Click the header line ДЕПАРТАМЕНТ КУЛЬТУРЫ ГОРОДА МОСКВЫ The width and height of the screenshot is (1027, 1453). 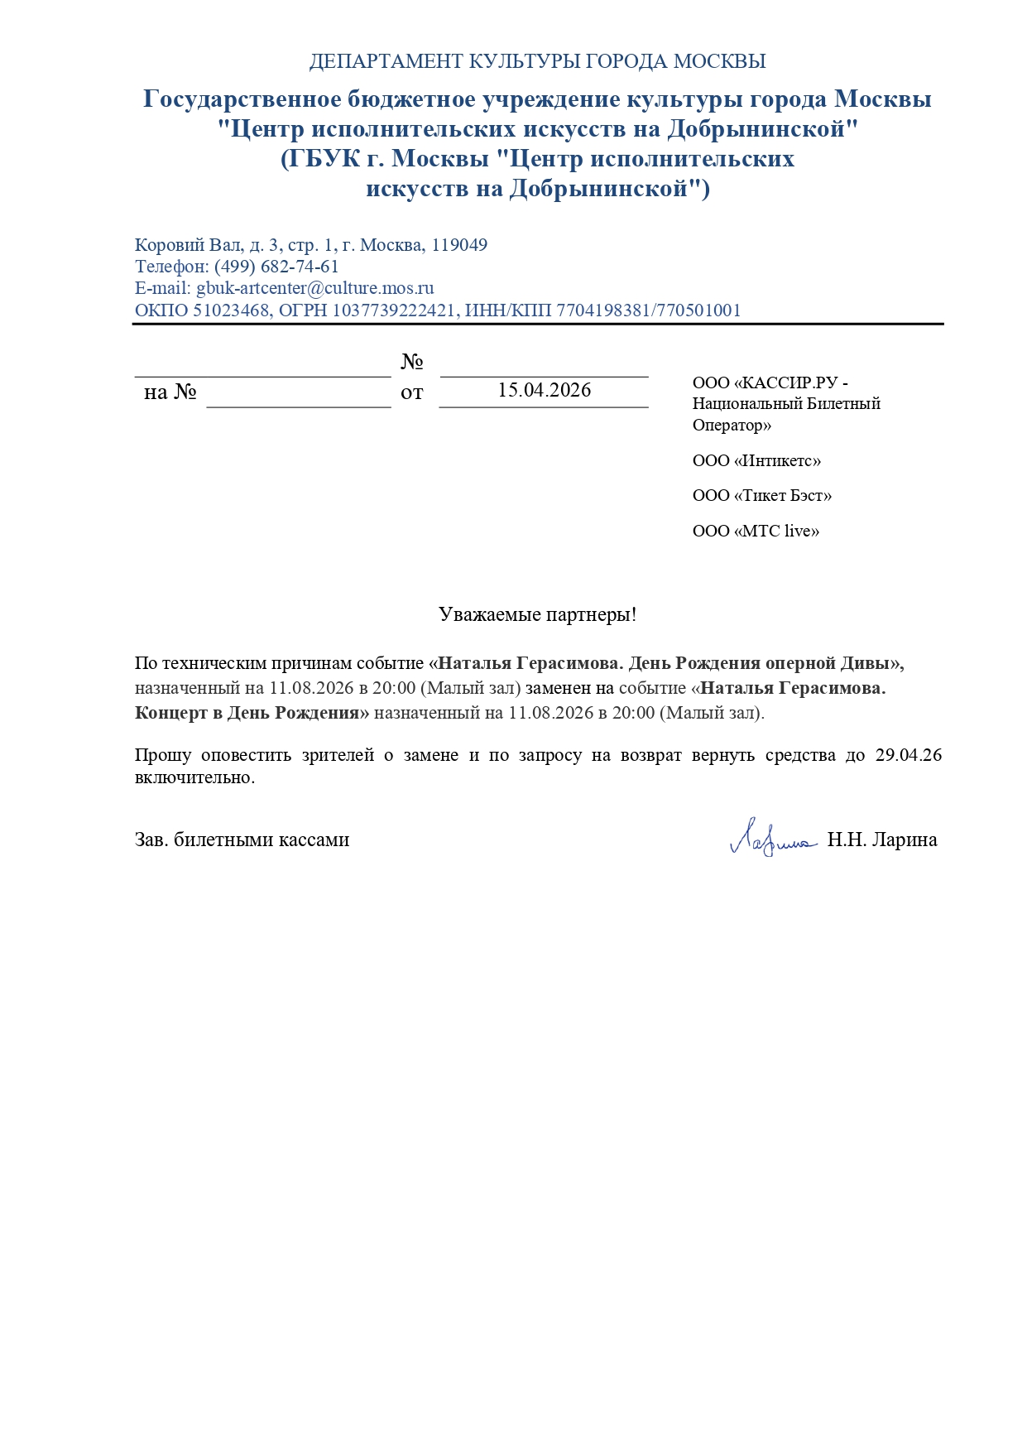(537, 61)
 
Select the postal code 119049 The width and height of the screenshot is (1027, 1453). (459, 245)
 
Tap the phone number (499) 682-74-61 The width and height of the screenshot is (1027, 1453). (276, 267)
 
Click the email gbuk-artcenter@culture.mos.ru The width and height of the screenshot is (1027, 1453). (315, 288)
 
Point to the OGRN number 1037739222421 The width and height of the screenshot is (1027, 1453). (394, 310)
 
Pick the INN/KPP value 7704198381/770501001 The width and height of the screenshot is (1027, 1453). (649, 310)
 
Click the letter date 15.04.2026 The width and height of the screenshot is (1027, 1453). (544, 390)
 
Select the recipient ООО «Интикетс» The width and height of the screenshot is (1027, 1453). (756, 460)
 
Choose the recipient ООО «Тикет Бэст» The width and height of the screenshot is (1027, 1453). (761, 495)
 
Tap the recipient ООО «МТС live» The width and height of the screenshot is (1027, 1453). (756, 531)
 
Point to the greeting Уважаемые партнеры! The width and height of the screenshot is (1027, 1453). (537, 614)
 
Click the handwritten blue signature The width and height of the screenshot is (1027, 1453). (771, 837)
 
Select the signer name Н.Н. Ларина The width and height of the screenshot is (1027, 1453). (882, 840)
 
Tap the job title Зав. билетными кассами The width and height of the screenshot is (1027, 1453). (242, 840)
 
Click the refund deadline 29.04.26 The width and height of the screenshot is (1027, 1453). (909, 755)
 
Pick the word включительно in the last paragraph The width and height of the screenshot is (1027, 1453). (194, 777)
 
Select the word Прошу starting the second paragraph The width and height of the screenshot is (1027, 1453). (163, 755)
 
